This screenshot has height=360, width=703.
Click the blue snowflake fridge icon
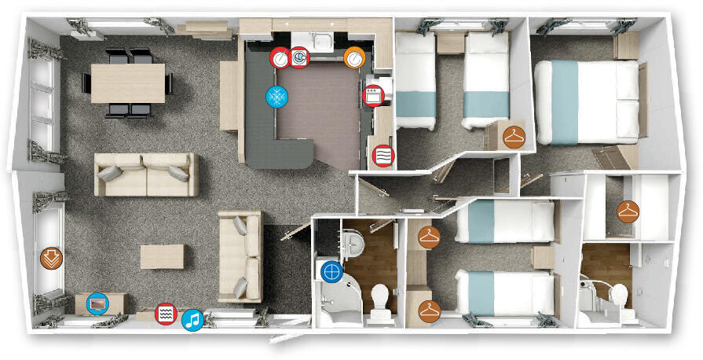pyautogui.click(x=277, y=97)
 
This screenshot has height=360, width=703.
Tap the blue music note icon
pyautogui.click(x=192, y=319)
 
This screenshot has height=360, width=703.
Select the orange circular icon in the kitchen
pyautogui.click(x=354, y=57)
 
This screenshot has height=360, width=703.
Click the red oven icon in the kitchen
pyautogui.click(x=373, y=96)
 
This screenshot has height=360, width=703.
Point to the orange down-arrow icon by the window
pyautogui.click(x=51, y=257)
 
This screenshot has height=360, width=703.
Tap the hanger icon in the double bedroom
pyautogui.click(x=514, y=136)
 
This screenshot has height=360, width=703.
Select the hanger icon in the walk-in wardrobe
pyautogui.click(x=628, y=211)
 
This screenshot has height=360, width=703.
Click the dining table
pyautogui.click(x=129, y=81)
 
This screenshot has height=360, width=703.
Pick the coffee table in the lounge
pyautogui.click(x=163, y=256)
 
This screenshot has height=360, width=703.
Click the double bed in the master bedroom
pyautogui.click(x=586, y=101)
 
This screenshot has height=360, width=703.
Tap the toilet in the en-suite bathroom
pyautogui.click(x=619, y=298)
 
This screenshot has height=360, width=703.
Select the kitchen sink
pyautogui.click(x=320, y=39)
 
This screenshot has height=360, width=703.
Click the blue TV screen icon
pyautogui.click(x=97, y=302)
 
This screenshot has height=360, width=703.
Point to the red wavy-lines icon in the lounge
pyautogui.click(x=165, y=313)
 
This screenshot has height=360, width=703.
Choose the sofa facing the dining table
pyautogui.click(x=146, y=174)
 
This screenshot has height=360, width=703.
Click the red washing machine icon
pyautogui.click(x=299, y=57)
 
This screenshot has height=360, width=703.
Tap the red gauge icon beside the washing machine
pyautogui.click(x=280, y=57)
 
